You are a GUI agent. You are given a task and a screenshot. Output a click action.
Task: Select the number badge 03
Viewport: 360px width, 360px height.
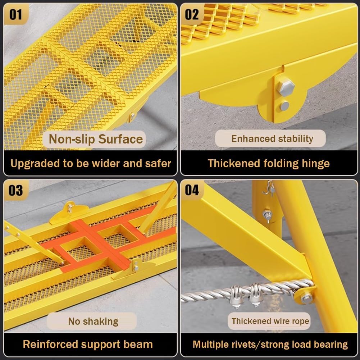15,190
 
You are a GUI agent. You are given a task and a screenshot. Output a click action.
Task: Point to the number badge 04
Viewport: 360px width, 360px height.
192,190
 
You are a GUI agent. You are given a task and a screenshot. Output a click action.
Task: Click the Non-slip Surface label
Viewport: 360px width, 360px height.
96,139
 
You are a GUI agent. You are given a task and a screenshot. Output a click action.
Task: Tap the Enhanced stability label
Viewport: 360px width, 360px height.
272,139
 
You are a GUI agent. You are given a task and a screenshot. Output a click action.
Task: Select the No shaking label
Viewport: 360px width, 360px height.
93,321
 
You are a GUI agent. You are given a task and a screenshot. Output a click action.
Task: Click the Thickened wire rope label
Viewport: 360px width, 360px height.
270,321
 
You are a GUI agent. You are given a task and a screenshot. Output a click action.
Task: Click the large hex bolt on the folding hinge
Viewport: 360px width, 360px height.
286,87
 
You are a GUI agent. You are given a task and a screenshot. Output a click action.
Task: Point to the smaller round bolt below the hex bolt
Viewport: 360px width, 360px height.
284,106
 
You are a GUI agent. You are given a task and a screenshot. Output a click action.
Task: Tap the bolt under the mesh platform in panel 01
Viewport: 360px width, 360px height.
132,116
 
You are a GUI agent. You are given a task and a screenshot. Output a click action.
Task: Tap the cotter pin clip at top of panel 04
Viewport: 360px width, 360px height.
268,188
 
